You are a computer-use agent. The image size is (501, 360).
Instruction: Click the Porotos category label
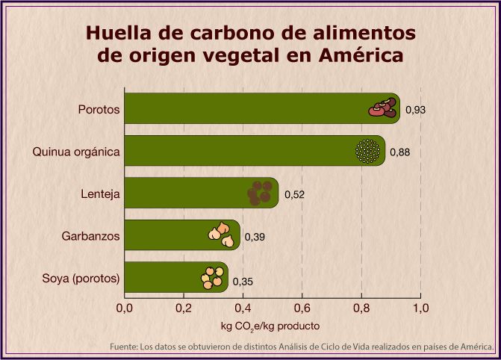pyautogui.click(x=99, y=110)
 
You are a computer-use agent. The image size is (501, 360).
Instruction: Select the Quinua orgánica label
pyautogui.click(x=76, y=152)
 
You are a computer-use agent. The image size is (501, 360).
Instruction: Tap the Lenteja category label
pyautogui.click(x=100, y=194)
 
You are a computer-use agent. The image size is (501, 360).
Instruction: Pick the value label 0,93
pyautogui.click(x=415, y=111)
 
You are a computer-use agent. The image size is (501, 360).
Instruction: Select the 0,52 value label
pyautogui.click(x=294, y=195)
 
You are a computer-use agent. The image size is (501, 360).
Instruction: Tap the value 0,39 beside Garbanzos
pyautogui.click(x=255, y=238)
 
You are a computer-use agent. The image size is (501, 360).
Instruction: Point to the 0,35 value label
pyautogui.click(x=243, y=282)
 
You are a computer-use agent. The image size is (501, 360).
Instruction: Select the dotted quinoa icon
pyautogui.click(x=367, y=152)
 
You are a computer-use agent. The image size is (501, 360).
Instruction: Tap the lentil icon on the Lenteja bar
pyautogui.click(x=260, y=193)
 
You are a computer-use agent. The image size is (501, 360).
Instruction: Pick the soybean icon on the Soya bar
pyautogui.click(x=213, y=278)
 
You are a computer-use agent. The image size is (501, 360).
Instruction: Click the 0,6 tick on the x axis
pyautogui.click(x=302, y=307)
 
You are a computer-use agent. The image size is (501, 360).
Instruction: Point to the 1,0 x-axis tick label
pyautogui.click(x=420, y=307)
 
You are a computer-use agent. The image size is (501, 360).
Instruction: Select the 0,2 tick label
pyautogui.click(x=184, y=307)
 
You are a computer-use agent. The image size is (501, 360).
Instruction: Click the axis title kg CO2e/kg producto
pyautogui.click(x=270, y=326)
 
